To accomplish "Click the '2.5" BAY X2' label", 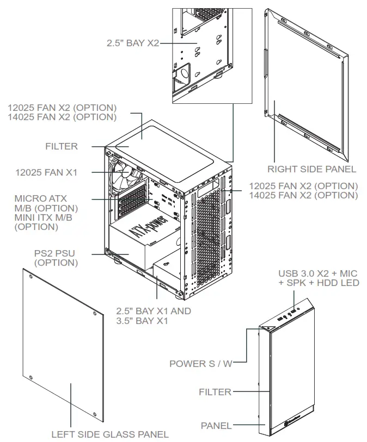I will pyautogui.click(x=133, y=42).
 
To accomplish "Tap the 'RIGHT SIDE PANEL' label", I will pyautogui.click(x=311, y=169).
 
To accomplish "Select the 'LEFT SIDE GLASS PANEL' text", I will pyautogui.click(x=109, y=434).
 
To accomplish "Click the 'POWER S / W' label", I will pyautogui.click(x=200, y=364).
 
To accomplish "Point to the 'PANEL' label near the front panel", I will pyautogui.click(x=216, y=426).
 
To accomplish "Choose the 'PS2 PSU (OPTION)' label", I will pyautogui.click(x=56, y=258).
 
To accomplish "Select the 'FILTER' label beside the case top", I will pyautogui.click(x=62, y=146).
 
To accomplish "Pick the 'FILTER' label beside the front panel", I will pyautogui.click(x=215, y=391).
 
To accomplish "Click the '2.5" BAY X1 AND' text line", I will pyautogui.click(x=154, y=312).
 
